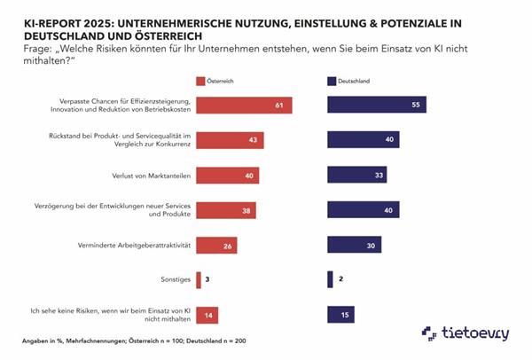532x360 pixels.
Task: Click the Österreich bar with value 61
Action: coord(244,105)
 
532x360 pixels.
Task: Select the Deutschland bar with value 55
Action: coord(377,105)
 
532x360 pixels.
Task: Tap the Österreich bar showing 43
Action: coord(230,139)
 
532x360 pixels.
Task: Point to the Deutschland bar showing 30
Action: coord(355,245)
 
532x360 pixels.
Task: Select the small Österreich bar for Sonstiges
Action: coord(199,279)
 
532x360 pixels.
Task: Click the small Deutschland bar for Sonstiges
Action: coord(330,279)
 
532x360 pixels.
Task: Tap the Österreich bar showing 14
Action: coord(207,314)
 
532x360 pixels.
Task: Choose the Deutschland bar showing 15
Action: coord(341,314)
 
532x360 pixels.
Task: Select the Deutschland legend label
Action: coord(358,81)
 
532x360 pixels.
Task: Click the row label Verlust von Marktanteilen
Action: coord(152,175)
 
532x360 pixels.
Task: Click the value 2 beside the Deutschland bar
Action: coord(340,279)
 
